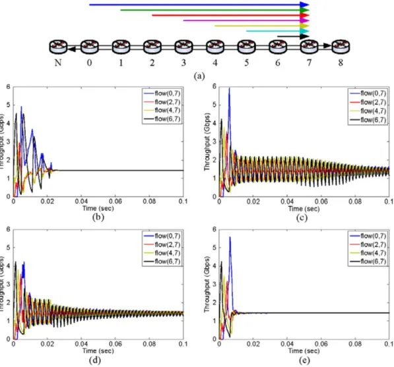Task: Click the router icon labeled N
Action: tap(58, 47)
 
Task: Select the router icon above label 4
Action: tap(215, 47)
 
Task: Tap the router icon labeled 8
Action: tap(341, 47)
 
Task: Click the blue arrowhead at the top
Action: tap(304, 5)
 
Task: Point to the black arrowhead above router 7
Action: tap(304, 36)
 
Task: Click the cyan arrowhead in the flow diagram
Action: tap(304, 31)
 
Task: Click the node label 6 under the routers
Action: tap(278, 63)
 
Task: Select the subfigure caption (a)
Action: tap(199, 76)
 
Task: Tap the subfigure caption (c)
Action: tap(302, 217)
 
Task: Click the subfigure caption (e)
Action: tap(304, 360)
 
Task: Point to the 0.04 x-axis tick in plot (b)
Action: tap(81, 201)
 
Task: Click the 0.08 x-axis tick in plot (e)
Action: tap(355, 344)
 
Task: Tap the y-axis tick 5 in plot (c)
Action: tap(214, 105)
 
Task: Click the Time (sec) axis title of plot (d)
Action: tap(98, 351)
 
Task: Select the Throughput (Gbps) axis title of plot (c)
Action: tap(207, 142)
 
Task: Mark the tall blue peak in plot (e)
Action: tap(230, 237)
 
